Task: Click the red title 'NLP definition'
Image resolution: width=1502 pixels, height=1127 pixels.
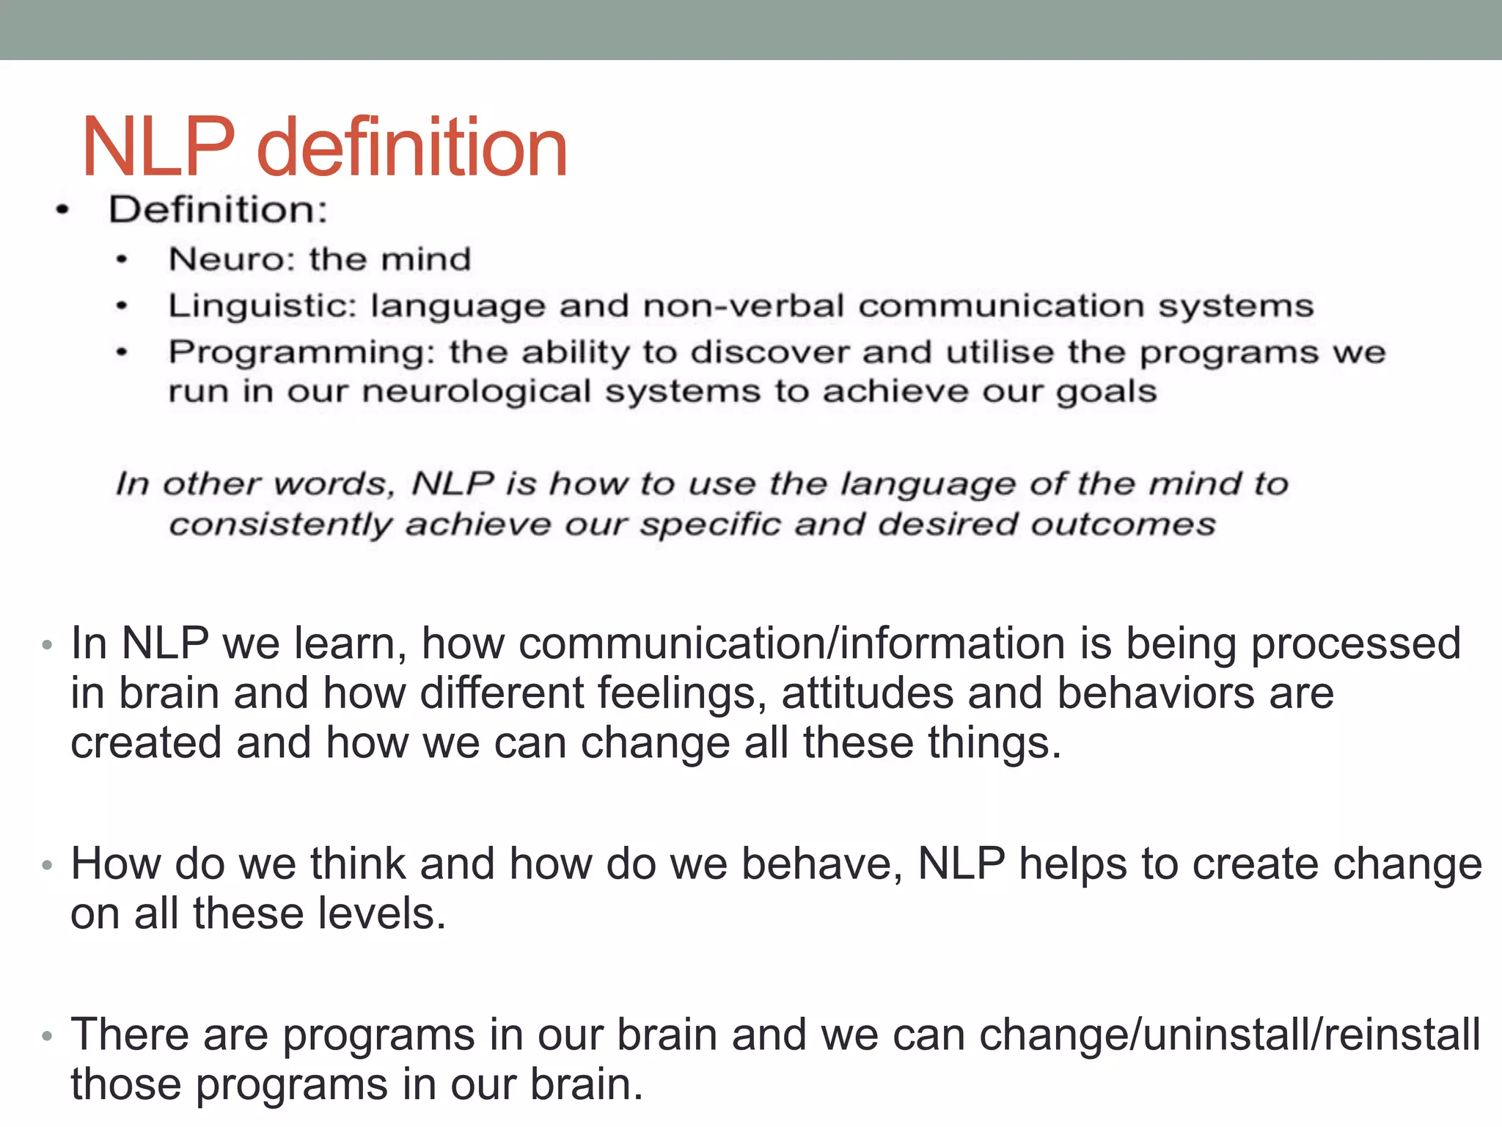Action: pos(325,148)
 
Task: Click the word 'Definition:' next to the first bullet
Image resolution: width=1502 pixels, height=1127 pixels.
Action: pos(218,210)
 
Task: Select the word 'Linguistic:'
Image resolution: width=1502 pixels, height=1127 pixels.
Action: pos(262,306)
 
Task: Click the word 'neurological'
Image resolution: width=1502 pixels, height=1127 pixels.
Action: pos(477,391)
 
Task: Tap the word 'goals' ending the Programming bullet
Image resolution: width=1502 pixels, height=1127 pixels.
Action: pos(1106,392)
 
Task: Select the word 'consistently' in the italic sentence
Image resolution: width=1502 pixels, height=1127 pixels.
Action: pos(280,525)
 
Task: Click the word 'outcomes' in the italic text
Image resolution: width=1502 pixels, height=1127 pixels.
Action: pos(1123,525)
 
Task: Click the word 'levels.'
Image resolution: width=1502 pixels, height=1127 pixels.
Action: pos(381,914)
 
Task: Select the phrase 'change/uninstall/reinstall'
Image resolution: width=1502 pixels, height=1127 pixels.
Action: pos(1230,1035)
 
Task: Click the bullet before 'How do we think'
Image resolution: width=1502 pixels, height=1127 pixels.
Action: pos(47,865)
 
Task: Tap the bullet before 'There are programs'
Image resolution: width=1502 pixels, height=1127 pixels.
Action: pos(47,1036)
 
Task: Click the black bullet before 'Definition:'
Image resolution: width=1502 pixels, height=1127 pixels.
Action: pos(63,211)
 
